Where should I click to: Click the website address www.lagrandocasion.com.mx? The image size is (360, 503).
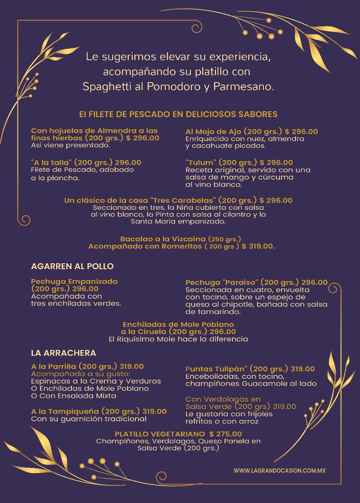click(280, 470)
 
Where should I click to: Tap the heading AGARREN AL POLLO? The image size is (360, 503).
click(72, 266)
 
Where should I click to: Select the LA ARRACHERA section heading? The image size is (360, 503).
click(64, 353)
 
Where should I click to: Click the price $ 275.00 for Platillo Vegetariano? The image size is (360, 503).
click(225, 434)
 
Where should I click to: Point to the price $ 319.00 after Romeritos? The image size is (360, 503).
click(258, 246)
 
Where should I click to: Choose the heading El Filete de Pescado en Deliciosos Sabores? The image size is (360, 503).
click(178, 114)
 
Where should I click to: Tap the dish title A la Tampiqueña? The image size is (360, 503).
click(65, 411)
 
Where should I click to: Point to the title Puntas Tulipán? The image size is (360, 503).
click(216, 369)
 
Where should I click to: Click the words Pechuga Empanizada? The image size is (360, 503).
click(74, 281)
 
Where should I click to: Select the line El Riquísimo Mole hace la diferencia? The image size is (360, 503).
click(178, 339)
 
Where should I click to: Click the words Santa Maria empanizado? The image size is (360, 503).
click(178, 222)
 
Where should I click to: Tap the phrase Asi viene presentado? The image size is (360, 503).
click(70, 145)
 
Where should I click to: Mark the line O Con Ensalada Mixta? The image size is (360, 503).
click(73, 396)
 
